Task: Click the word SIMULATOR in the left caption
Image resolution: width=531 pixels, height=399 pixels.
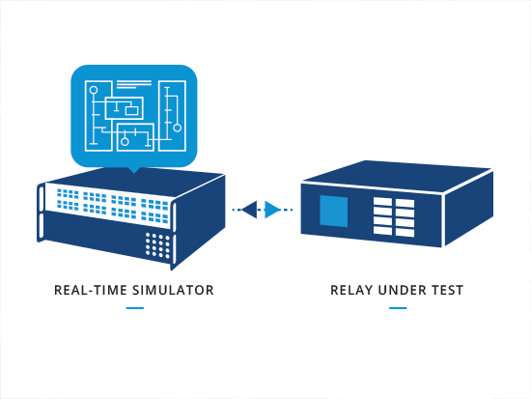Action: pyautogui.click(x=173, y=290)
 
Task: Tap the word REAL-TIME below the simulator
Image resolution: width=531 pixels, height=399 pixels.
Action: pyautogui.click(x=91, y=290)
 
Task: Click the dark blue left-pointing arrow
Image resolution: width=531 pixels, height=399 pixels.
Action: pyautogui.click(x=251, y=210)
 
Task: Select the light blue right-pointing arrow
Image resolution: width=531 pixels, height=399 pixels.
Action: pyautogui.click(x=272, y=210)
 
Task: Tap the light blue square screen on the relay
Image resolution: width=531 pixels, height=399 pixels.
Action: pyautogui.click(x=334, y=211)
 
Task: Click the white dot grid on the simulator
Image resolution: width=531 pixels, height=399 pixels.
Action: pyautogui.click(x=157, y=244)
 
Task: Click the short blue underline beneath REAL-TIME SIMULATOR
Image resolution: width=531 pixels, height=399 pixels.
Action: pyautogui.click(x=135, y=308)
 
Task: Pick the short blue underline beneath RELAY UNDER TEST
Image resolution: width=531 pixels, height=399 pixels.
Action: pyautogui.click(x=398, y=308)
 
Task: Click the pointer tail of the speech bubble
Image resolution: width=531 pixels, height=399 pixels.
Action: pyautogui.click(x=134, y=169)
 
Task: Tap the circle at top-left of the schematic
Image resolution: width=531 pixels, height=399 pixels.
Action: pyautogui.click(x=94, y=90)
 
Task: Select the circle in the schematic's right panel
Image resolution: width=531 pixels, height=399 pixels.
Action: pyautogui.click(x=177, y=128)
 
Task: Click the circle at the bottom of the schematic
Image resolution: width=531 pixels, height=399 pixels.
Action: pyautogui.click(x=125, y=142)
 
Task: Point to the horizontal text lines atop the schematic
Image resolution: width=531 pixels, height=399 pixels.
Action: pyautogui.click(x=134, y=85)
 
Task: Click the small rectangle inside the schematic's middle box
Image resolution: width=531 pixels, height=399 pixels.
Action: pyautogui.click(x=131, y=110)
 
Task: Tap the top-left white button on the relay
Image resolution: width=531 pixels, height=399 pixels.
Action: pyautogui.click(x=382, y=202)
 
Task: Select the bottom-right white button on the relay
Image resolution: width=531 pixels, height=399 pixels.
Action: pyautogui.click(x=405, y=232)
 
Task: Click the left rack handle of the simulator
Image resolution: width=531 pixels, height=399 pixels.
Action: pyautogui.click(x=42, y=213)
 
